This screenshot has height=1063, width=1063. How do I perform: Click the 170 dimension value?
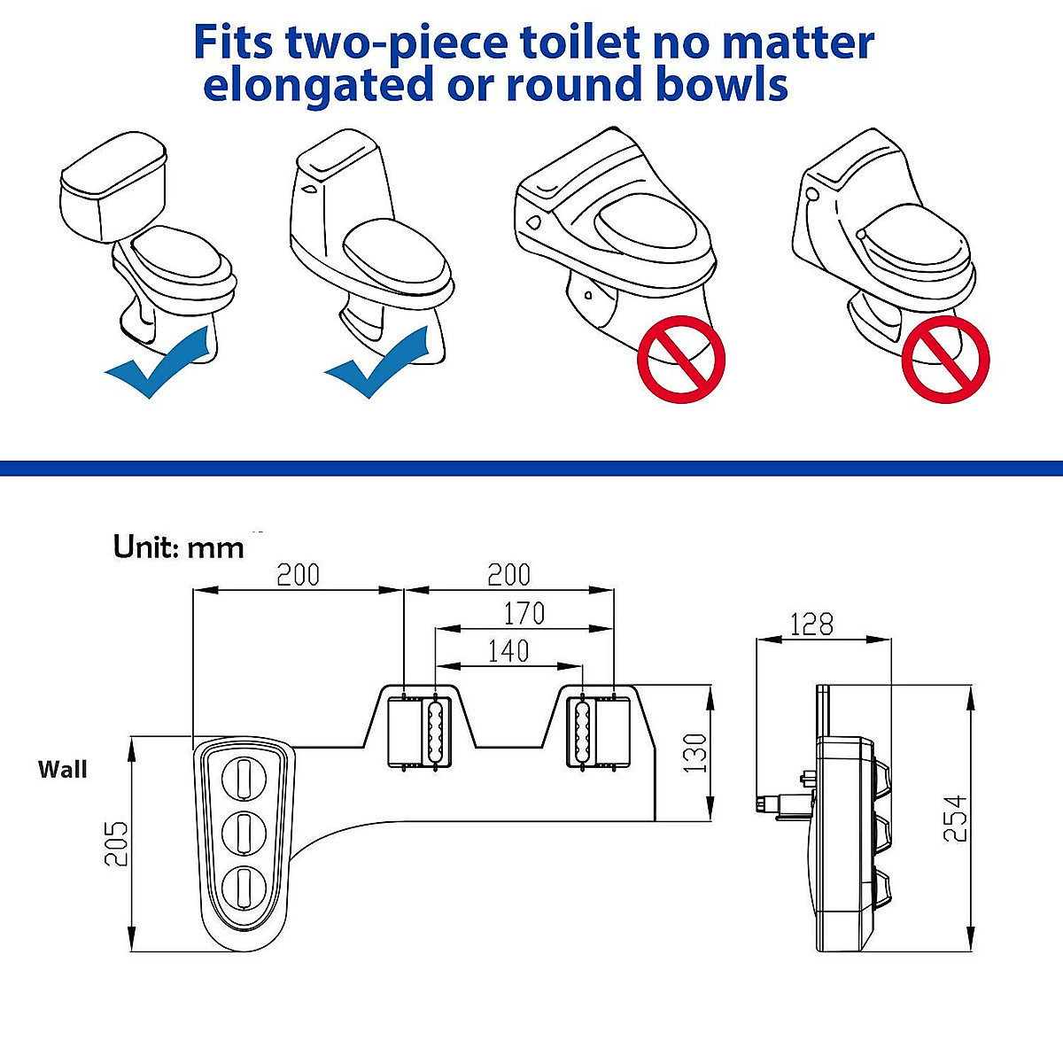point(524,613)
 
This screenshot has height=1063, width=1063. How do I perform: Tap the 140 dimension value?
point(508,651)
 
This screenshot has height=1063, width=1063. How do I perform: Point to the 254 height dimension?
point(955,817)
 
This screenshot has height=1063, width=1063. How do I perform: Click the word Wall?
point(63,769)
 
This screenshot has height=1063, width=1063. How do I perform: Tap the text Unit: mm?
point(178,547)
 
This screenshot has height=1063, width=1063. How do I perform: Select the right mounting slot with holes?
point(581,730)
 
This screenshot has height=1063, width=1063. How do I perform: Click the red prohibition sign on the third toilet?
point(681,359)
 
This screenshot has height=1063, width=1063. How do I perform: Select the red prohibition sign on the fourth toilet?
point(945,359)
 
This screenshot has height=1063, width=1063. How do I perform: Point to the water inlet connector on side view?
point(769,803)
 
